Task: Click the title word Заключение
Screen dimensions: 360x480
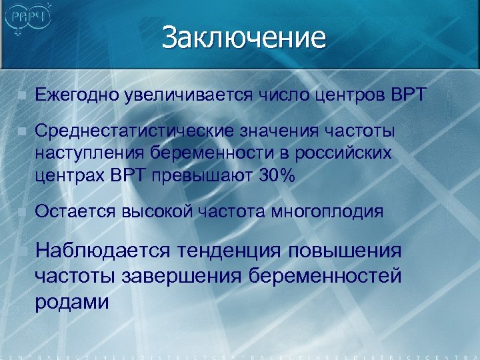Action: point(243,37)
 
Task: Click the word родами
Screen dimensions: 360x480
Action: point(71,302)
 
